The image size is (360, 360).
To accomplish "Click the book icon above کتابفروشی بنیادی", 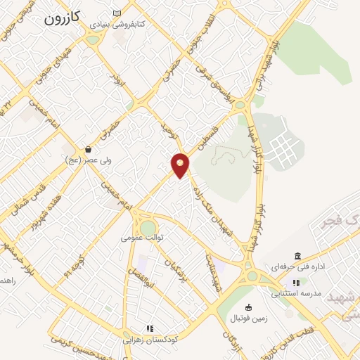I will coord(117,13).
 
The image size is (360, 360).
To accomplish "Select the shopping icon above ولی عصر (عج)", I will coord(88,149).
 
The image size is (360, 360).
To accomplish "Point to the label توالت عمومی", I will coord(142,238).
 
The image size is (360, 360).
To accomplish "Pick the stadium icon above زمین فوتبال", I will coord(248,307).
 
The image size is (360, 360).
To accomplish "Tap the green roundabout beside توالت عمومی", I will coord(148,228).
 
